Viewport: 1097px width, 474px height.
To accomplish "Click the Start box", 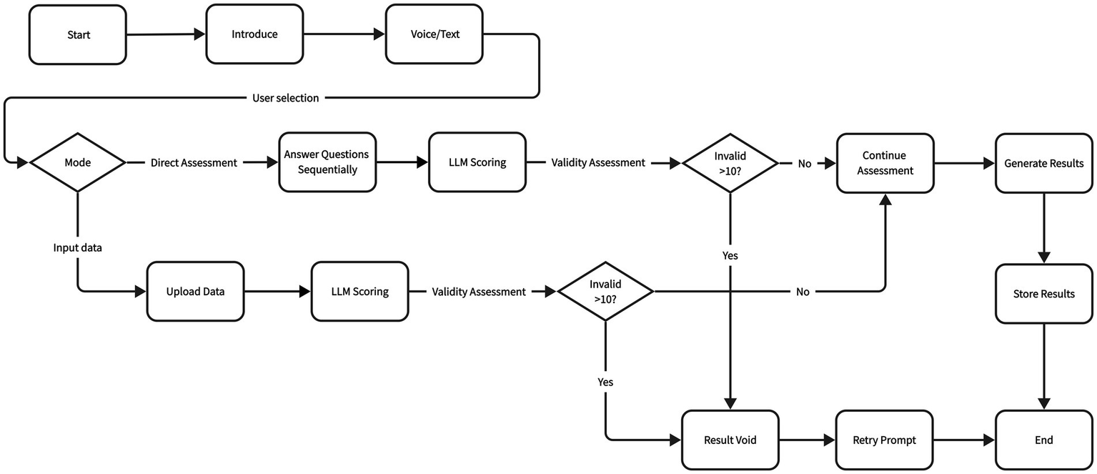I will (x=78, y=34).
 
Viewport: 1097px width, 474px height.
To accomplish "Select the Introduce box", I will (x=254, y=34).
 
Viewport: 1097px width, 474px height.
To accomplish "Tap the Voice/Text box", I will (x=433, y=34).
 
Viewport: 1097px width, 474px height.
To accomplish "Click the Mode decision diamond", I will (x=77, y=163).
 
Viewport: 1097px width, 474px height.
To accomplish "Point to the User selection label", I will (x=286, y=98).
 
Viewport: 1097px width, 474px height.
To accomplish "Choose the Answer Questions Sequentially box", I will (x=327, y=162).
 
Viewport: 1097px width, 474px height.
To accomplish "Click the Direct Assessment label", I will (x=194, y=163).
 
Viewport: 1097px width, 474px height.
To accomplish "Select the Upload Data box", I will (x=195, y=292).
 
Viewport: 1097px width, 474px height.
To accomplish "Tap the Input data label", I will (x=77, y=247).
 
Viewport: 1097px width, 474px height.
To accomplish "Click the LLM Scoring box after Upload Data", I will (x=359, y=292).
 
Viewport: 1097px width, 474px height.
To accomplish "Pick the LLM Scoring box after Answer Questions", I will (x=477, y=162).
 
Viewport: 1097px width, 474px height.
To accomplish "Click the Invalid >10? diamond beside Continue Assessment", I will (x=730, y=163).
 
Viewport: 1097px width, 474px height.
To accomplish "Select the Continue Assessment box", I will (x=885, y=163).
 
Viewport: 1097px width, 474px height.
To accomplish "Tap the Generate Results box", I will (x=1043, y=163).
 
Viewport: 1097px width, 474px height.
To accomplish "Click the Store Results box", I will (x=1043, y=294).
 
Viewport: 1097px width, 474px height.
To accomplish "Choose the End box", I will (x=1043, y=440).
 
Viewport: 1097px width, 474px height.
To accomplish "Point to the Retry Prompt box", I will (x=884, y=440).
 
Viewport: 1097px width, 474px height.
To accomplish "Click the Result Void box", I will (x=730, y=440).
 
